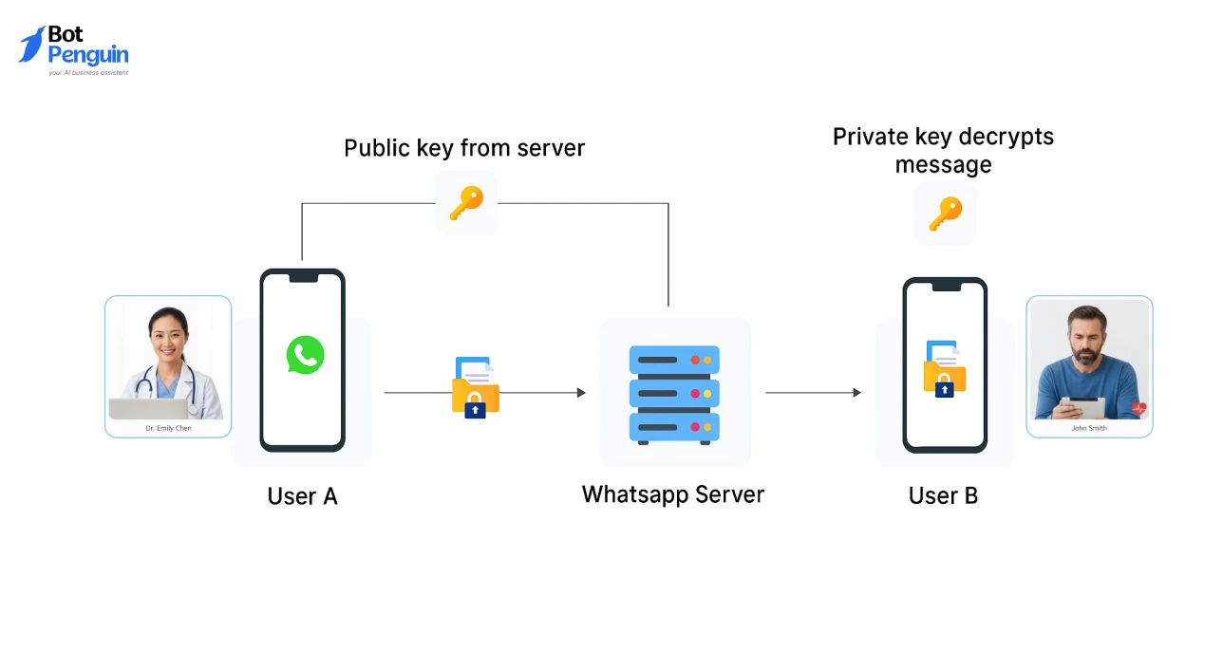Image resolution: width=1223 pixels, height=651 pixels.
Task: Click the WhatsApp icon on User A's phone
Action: tap(305, 355)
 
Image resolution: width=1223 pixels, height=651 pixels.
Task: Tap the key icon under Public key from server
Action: tap(466, 202)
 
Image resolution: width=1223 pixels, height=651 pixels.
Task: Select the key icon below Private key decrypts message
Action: tap(945, 214)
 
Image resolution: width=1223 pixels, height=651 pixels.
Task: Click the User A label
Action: tap(302, 496)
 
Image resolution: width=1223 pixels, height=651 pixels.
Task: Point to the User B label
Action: tap(943, 495)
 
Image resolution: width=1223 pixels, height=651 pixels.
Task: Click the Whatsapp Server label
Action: tap(672, 494)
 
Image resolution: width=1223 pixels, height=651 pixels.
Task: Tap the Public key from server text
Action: tap(463, 148)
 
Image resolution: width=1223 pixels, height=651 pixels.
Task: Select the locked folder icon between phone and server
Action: tap(475, 388)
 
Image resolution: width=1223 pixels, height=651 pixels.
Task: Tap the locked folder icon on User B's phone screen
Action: tap(944, 369)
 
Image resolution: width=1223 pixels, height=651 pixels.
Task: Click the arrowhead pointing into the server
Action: tap(581, 392)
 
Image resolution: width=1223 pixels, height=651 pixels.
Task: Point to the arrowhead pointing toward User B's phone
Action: tap(856, 392)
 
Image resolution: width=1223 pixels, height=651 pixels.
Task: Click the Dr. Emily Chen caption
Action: tap(168, 429)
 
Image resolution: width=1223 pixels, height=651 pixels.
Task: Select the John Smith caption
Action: tap(1089, 428)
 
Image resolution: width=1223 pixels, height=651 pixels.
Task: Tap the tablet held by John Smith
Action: tap(1082, 407)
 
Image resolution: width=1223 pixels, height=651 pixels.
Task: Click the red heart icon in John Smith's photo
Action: tap(1138, 409)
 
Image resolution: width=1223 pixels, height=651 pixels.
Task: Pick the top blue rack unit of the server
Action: tap(674, 361)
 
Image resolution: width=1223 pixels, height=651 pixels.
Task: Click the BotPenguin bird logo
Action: tap(31, 45)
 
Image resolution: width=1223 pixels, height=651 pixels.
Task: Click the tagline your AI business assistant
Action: tap(88, 72)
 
